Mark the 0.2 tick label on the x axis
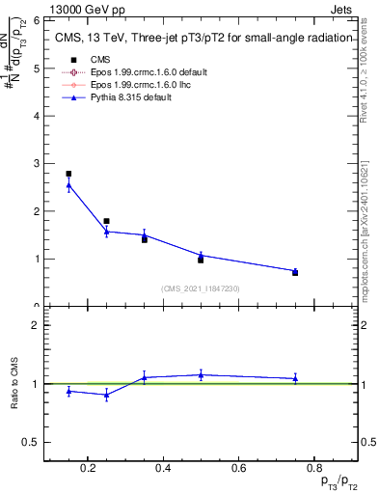pyautogui.click(x=89, y=469)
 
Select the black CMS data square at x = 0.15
pyautogui.click(x=68, y=174)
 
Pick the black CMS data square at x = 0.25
pyautogui.click(x=106, y=221)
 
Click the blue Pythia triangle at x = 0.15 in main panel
pyautogui.click(x=68, y=184)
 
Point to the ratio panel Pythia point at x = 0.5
pyautogui.click(x=201, y=374)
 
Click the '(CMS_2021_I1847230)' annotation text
pyautogui.click(x=201, y=288)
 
